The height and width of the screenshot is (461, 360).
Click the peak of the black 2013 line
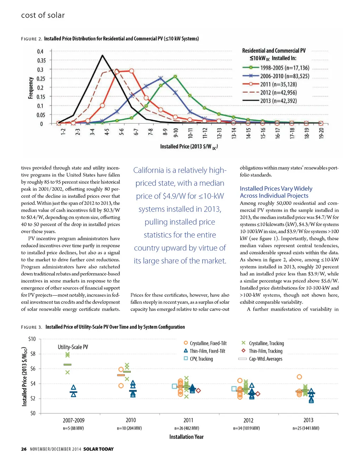point(102,55)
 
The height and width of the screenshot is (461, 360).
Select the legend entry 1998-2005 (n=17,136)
point(284,68)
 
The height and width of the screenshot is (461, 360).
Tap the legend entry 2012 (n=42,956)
point(278,93)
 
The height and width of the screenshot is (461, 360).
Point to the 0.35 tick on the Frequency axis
point(41,61)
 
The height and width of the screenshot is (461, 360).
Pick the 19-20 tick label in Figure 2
point(321,133)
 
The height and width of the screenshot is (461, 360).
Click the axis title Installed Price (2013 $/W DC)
point(189,147)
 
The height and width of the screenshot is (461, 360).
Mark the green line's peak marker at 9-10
point(175,76)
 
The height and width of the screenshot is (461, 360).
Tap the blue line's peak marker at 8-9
point(161,78)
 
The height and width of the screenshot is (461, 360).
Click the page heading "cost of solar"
point(43,15)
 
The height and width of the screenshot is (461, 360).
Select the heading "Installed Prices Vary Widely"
point(276,189)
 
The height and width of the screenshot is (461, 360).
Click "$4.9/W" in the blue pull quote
point(175,196)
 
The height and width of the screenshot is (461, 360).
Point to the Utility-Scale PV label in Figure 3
point(73,347)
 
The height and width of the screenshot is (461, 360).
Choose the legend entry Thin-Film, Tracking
point(265,351)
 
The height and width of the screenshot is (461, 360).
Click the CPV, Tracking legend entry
point(201,359)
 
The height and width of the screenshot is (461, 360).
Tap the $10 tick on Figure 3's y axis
point(32,339)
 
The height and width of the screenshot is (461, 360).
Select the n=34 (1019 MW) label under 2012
point(246,428)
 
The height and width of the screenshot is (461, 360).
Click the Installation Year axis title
point(186,437)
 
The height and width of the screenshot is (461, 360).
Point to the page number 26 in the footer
point(24,449)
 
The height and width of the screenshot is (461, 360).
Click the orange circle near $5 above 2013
point(299,377)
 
